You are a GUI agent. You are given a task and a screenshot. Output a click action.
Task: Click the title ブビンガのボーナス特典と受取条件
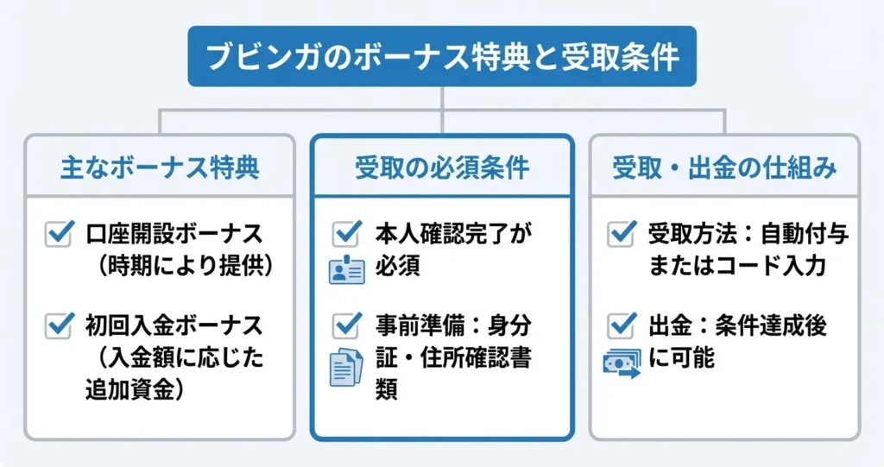coord(442,58)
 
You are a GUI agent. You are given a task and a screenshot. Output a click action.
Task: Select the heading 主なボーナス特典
coord(160,167)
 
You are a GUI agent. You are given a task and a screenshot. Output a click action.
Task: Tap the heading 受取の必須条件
coord(442,167)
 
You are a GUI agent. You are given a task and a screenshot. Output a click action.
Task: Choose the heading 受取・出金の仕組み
coord(724,167)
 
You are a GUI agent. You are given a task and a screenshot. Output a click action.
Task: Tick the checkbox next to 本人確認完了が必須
coord(346,234)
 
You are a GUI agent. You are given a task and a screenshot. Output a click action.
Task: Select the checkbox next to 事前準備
coord(346,325)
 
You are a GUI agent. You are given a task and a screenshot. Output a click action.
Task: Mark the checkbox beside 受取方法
coord(622,234)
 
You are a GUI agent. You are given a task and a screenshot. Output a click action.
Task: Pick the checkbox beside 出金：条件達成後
coord(622,325)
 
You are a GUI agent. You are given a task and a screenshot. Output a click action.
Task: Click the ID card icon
coord(346,270)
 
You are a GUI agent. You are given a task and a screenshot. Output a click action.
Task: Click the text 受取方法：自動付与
coord(748,234)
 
